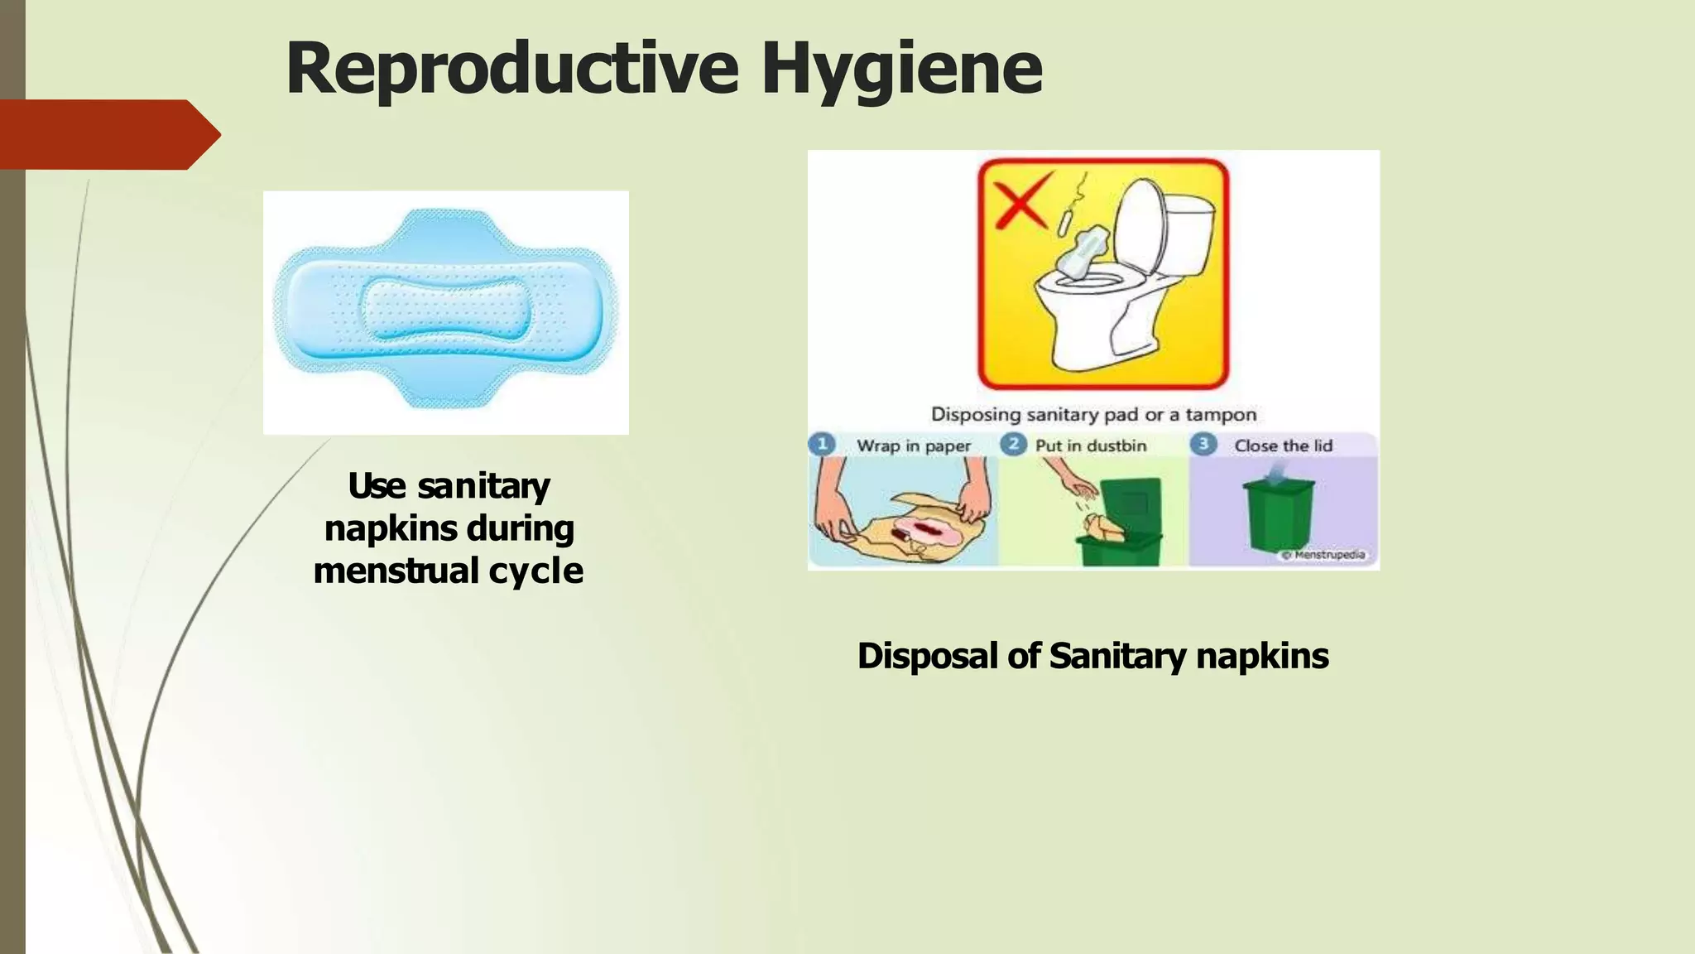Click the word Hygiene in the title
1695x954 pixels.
coord(901,70)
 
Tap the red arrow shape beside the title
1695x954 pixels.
coord(108,134)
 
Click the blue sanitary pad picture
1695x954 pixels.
coord(445,311)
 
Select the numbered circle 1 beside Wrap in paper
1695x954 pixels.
coord(822,445)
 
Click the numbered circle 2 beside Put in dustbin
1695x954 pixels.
coord(1013,445)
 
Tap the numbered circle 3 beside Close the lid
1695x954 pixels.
coord(1203,445)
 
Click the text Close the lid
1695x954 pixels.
coord(1283,446)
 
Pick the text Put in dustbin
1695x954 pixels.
coord(1091,446)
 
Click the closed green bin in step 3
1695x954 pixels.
coord(1279,513)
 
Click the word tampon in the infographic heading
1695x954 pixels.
coord(1221,415)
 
